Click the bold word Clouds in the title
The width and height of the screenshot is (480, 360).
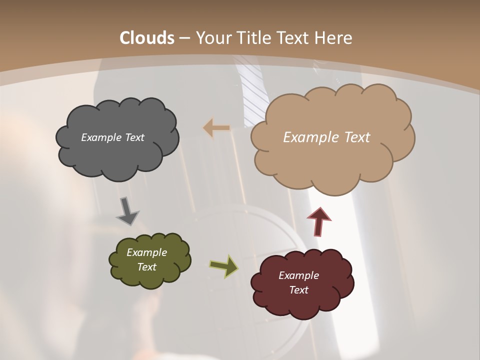(x=147, y=38)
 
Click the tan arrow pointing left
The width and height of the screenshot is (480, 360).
(x=216, y=128)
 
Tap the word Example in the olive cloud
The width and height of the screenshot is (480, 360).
(x=147, y=252)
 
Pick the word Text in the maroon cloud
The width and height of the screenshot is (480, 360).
(x=298, y=290)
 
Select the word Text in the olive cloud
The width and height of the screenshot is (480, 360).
(x=147, y=267)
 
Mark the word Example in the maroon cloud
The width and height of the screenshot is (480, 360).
(x=298, y=275)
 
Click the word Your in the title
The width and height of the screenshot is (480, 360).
(x=211, y=38)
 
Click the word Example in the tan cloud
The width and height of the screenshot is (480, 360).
(x=306, y=137)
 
